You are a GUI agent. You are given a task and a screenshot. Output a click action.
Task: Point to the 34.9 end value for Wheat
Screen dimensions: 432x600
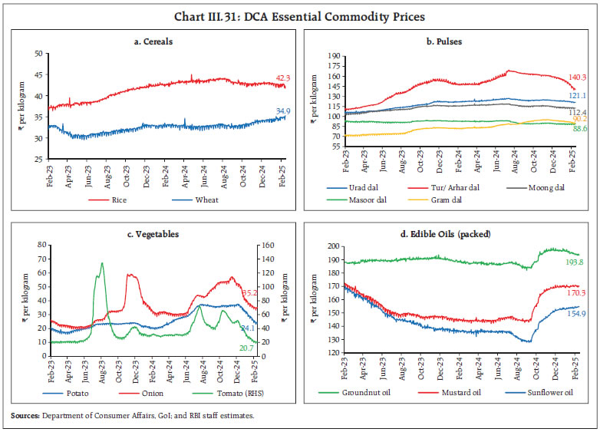[x=283, y=112]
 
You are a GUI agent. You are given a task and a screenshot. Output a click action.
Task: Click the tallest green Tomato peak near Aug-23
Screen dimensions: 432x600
[x=101, y=263]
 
